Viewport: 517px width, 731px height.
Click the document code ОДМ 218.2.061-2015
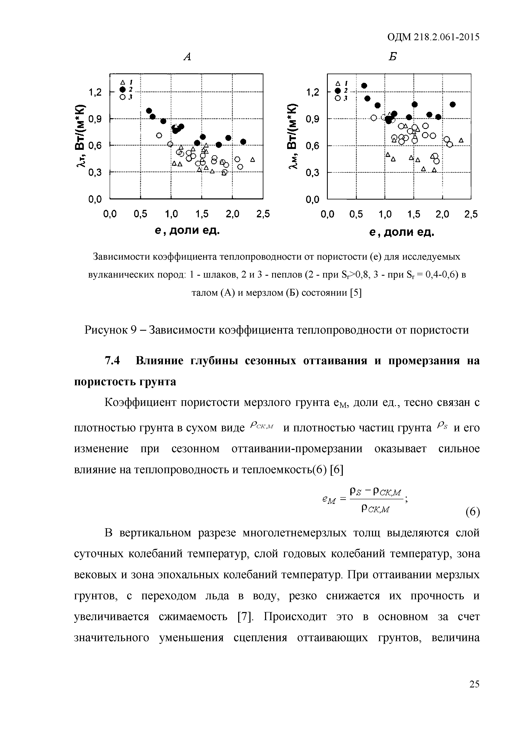tap(433, 37)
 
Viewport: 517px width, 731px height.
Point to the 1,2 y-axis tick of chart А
tap(95, 92)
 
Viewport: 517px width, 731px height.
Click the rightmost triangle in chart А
tap(252, 159)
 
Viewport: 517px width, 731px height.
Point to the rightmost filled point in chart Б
tap(453, 104)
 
